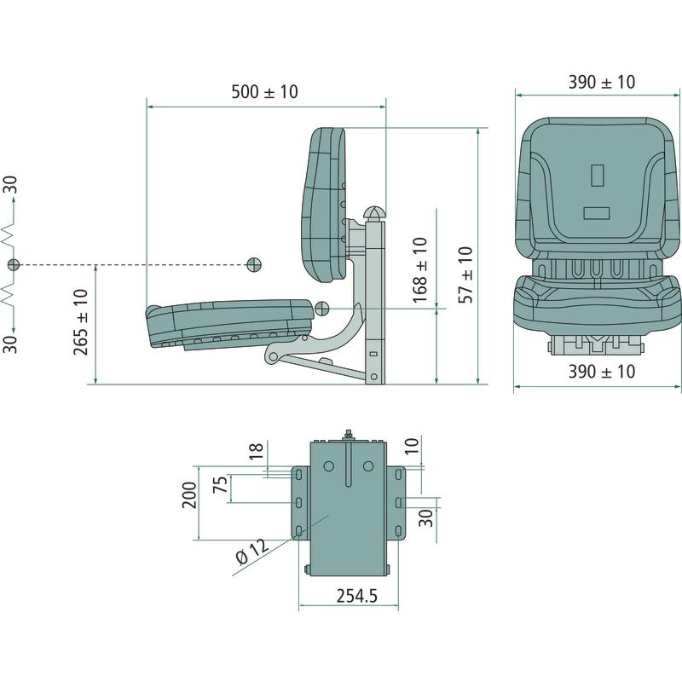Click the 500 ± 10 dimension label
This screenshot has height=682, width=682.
click(x=264, y=92)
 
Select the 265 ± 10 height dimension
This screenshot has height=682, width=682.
click(x=81, y=322)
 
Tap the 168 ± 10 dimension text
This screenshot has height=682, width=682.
click(x=420, y=270)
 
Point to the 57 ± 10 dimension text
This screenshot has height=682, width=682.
click(x=465, y=275)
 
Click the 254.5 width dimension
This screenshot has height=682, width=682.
click(x=357, y=596)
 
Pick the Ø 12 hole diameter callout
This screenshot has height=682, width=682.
click(x=252, y=552)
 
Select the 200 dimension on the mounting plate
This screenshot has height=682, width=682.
click(x=189, y=495)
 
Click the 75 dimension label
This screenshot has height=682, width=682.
click(x=220, y=484)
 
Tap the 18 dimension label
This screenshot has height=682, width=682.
click(x=257, y=451)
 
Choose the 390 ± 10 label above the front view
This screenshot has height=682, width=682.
click(x=602, y=82)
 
